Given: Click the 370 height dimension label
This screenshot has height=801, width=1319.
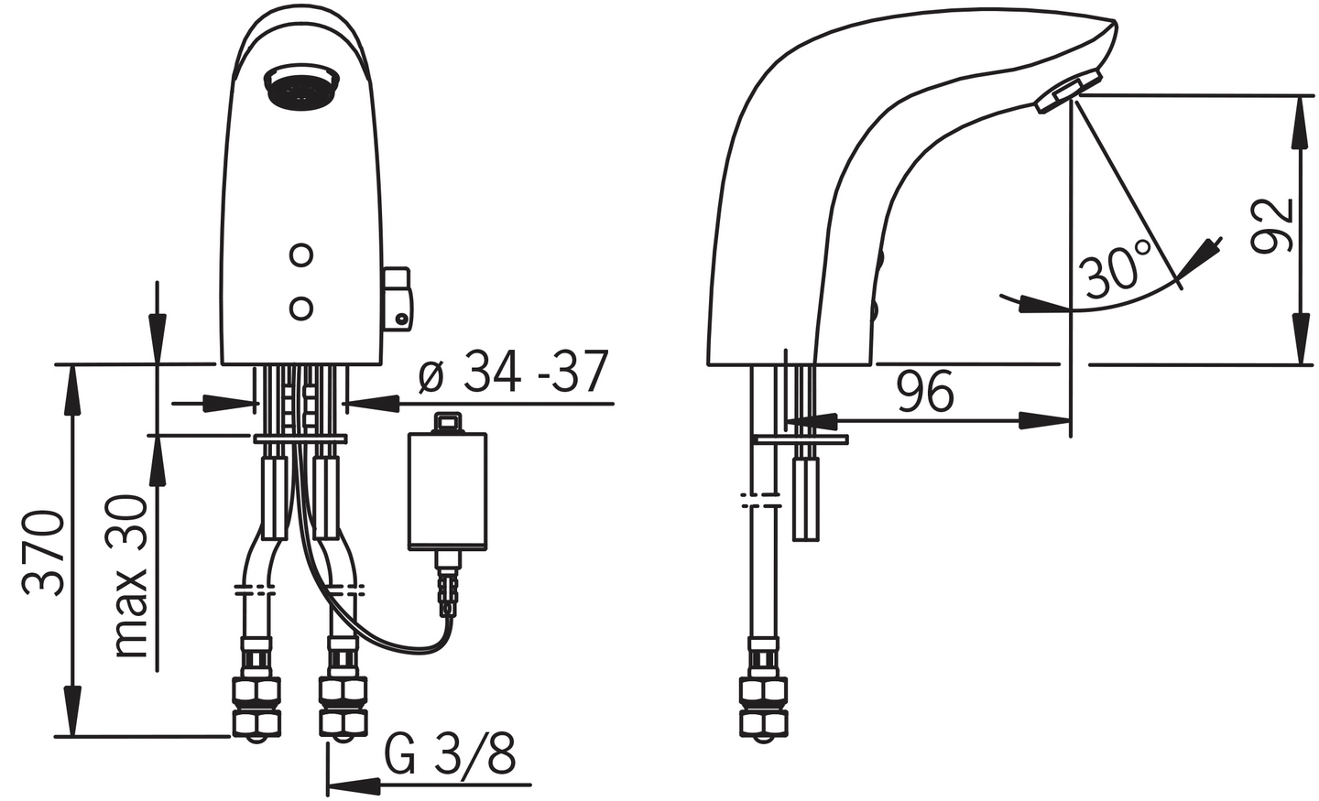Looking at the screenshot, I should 44,553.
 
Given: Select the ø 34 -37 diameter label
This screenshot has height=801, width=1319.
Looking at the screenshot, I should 513,373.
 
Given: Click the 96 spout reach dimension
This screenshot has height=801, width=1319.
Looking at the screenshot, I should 925,392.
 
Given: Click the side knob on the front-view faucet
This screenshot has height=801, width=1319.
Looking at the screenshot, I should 398,298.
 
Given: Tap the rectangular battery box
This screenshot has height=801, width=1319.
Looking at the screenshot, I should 447,490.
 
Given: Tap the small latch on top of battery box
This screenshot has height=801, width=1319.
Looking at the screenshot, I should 447,422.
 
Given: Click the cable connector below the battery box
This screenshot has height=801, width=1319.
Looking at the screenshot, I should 448,590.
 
